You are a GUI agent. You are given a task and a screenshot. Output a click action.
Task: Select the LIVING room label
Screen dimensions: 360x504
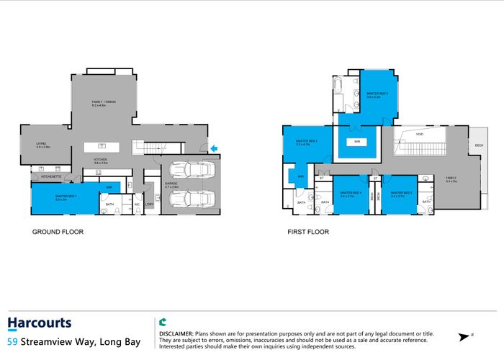coord(40,143)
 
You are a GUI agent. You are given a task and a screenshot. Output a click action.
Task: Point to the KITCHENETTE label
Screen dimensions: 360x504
coord(50,176)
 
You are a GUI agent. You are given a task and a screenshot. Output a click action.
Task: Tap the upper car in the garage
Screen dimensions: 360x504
coord(192,170)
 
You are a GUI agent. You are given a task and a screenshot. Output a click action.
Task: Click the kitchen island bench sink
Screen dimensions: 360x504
coord(103,147)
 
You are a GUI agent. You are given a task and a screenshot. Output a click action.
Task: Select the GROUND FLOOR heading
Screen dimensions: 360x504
coord(58,233)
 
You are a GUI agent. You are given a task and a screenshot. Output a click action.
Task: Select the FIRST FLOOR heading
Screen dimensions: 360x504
coord(307,233)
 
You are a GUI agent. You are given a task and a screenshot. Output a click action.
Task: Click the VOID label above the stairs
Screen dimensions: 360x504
coord(420,134)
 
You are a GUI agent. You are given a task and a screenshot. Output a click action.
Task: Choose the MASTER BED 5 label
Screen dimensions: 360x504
coord(401,194)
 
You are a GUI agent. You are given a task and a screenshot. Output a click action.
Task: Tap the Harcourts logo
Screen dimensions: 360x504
coord(39,323)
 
